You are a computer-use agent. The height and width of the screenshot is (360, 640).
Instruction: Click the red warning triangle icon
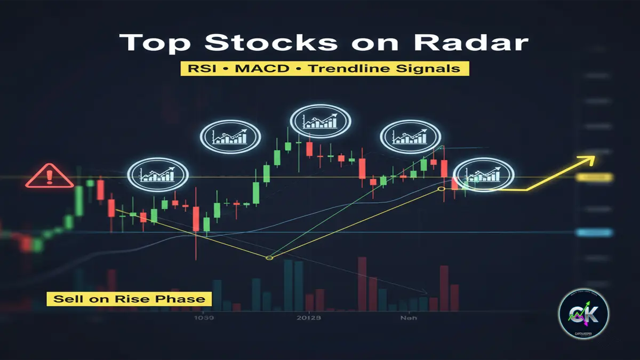50,176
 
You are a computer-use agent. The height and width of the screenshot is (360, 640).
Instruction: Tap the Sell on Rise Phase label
129,298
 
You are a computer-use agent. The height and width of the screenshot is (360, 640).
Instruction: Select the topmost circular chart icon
321,120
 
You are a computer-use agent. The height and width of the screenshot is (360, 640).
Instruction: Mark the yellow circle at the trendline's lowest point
269,258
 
